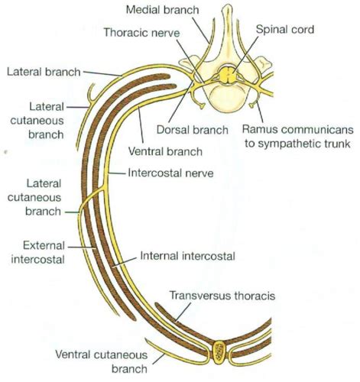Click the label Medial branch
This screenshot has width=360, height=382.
[x=162, y=10]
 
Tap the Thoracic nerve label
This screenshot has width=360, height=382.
[x=141, y=33]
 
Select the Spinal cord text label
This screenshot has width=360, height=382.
[x=285, y=30]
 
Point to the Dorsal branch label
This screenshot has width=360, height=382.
[x=192, y=130]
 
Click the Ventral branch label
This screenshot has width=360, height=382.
[x=165, y=151]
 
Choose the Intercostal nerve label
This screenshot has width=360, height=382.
[x=170, y=173]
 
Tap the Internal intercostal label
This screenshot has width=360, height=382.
[x=187, y=256]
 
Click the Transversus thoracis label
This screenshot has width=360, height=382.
[x=222, y=296]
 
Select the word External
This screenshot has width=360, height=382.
[x=44, y=246]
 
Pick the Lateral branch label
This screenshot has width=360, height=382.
[x=44, y=72]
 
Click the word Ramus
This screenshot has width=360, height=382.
[x=259, y=129]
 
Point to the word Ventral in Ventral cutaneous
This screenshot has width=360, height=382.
[x=73, y=354]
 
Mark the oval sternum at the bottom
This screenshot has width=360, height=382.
[x=219, y=353]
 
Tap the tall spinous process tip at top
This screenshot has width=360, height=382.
[x=227, y=8]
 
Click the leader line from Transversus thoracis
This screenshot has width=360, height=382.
[x=183, y=312]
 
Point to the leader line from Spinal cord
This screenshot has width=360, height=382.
[x=246, y=53]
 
